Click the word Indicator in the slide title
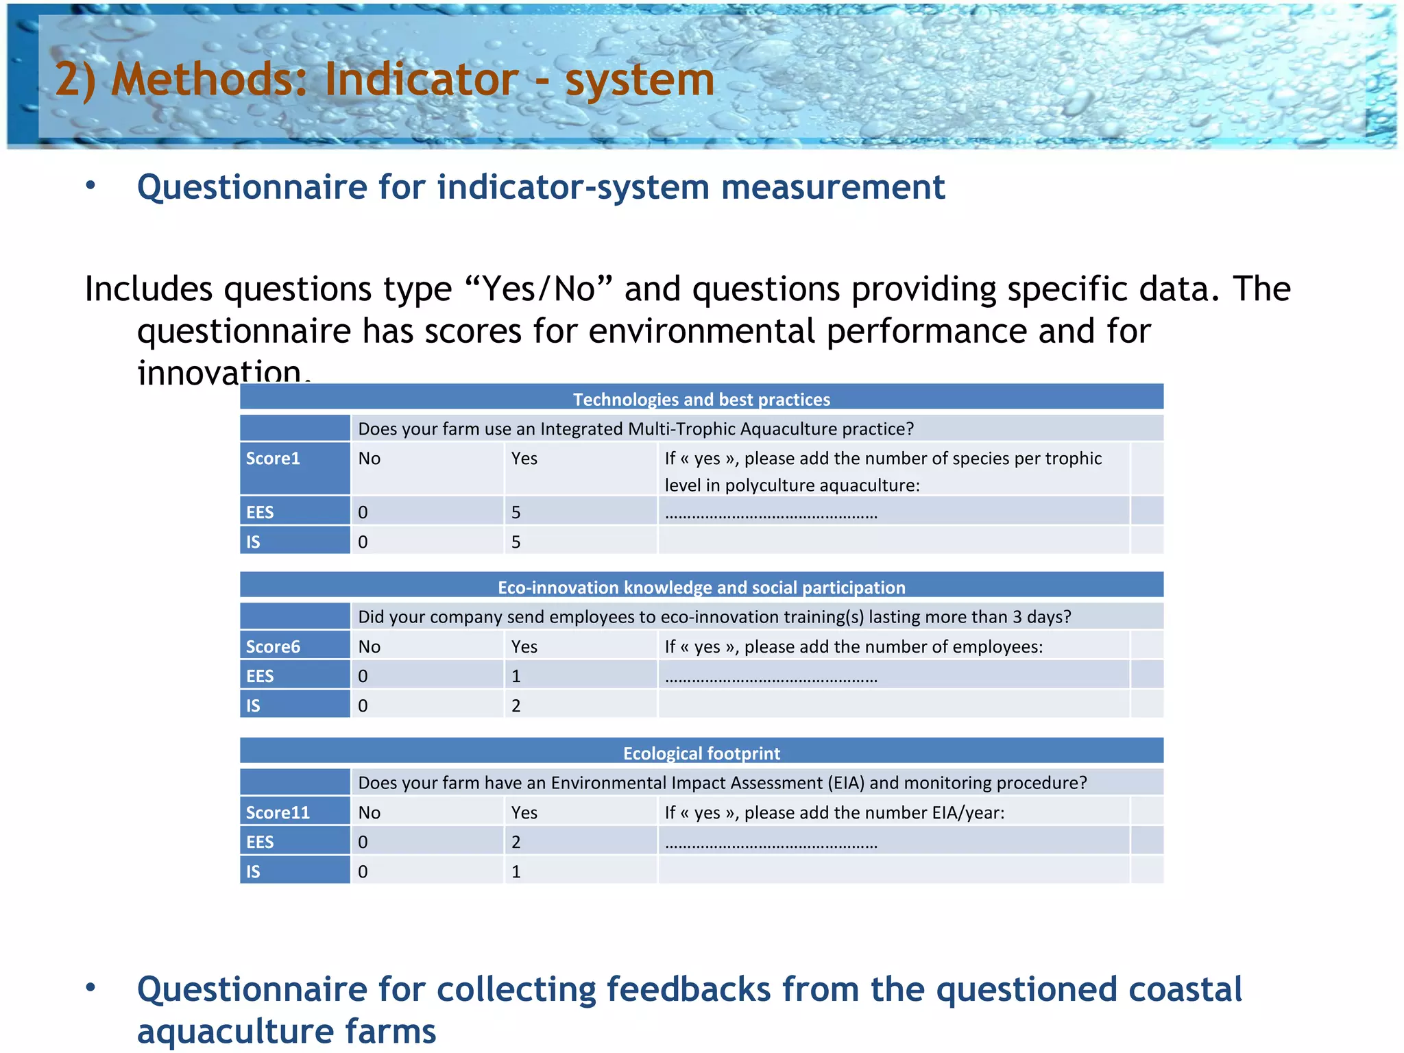coord(421,80)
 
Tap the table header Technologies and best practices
coord(701,400)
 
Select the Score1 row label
coord(273,459)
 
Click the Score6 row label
coord(273,646)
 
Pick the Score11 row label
coord(278,812)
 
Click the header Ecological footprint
coord(701,753)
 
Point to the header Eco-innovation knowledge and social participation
coord(701,588)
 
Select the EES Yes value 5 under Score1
coord(516,512)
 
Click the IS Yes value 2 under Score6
coord(516,705)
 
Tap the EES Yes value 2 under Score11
coord(516,842)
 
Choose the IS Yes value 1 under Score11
coord(516,871)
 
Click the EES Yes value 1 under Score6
coord(516,676)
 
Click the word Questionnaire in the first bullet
coord(252,187)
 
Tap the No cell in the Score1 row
coord(370,459)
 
